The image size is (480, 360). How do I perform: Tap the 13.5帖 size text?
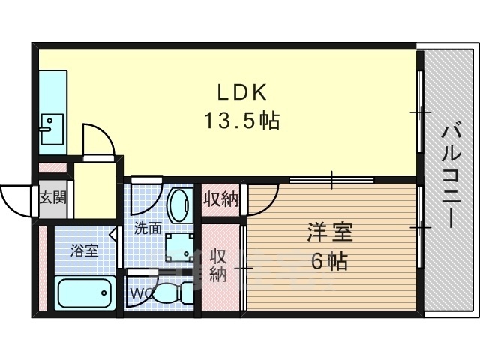pos(242,121)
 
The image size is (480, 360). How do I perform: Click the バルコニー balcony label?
pos(450,178)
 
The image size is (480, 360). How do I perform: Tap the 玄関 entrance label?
pos(52,199)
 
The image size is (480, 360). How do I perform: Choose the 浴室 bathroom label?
pos(84,250)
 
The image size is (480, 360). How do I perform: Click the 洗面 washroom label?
pos(148,228)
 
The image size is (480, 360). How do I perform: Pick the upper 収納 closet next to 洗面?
pos(221,199)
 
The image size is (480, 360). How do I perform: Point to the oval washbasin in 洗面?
pos(180,203)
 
